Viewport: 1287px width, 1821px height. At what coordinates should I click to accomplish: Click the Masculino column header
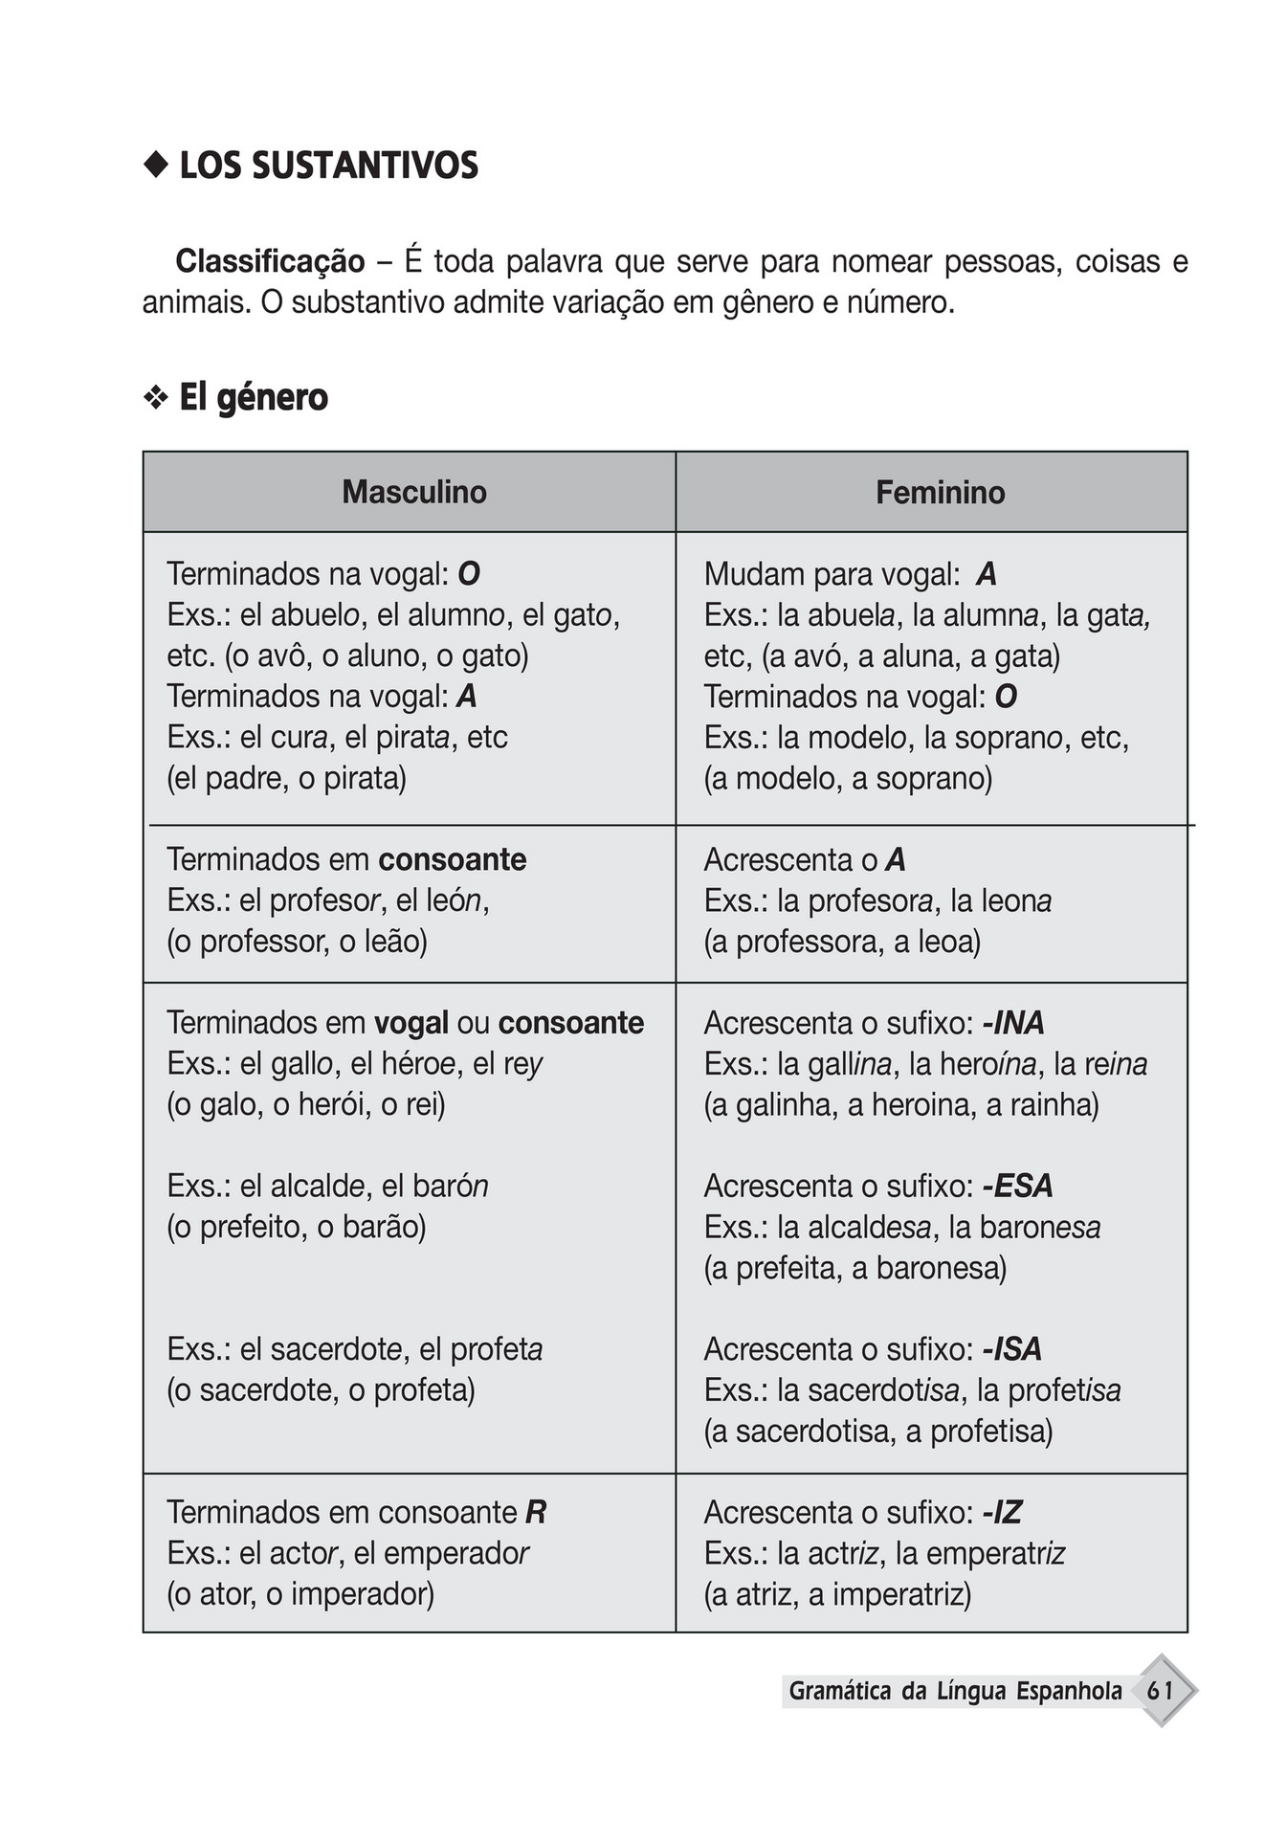(413, 492)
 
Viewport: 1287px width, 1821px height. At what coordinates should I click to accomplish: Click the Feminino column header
(940, 492)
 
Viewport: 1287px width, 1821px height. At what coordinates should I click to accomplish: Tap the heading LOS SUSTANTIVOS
(328, 167)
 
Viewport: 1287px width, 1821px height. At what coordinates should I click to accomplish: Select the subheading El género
(253, 397)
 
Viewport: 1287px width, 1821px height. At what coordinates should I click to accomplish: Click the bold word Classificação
(270, 261)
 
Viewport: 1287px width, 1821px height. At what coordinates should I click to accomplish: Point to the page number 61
(1160, 1691)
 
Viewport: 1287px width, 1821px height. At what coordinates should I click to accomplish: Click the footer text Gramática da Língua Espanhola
(954, 1691)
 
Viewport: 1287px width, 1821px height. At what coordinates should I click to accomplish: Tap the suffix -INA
(1012, 1023)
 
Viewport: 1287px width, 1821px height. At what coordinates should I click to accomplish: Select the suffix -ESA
(1016, 1186)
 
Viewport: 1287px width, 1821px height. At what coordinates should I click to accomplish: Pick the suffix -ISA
(1011, 1349)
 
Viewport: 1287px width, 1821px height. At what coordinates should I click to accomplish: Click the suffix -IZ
(1002, 1512)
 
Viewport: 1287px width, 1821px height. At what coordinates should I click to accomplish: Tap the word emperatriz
(995, 1553)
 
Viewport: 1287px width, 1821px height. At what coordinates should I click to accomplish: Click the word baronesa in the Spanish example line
(1049, 1227)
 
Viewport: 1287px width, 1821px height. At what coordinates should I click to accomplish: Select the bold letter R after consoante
(536, 1512)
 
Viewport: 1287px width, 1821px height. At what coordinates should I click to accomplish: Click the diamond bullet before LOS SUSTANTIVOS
(154, 167)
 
